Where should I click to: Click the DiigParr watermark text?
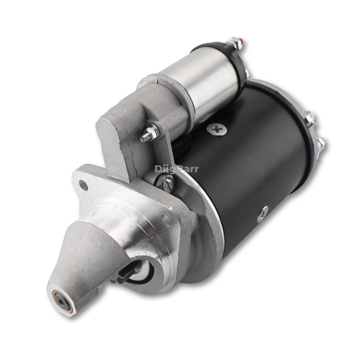tap(176, 168)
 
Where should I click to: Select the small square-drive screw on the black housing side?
tap(263, 214)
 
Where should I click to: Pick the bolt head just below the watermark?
tap(166, 183)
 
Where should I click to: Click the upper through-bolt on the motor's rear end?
tap(311, 118)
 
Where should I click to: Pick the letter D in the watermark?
tap(158, 168)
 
